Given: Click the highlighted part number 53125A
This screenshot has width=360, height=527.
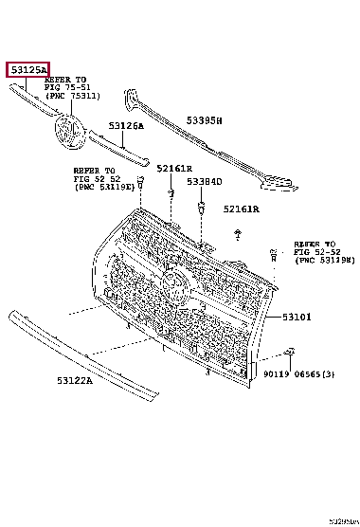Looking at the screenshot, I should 27,68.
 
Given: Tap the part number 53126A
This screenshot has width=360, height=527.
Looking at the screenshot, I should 125,126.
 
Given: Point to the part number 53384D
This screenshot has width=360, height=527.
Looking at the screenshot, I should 204,181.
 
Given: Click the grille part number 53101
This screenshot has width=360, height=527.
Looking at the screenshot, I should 296,318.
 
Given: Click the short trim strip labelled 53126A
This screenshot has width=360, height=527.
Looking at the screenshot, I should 118,145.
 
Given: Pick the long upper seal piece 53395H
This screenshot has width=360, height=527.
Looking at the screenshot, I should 199,142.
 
